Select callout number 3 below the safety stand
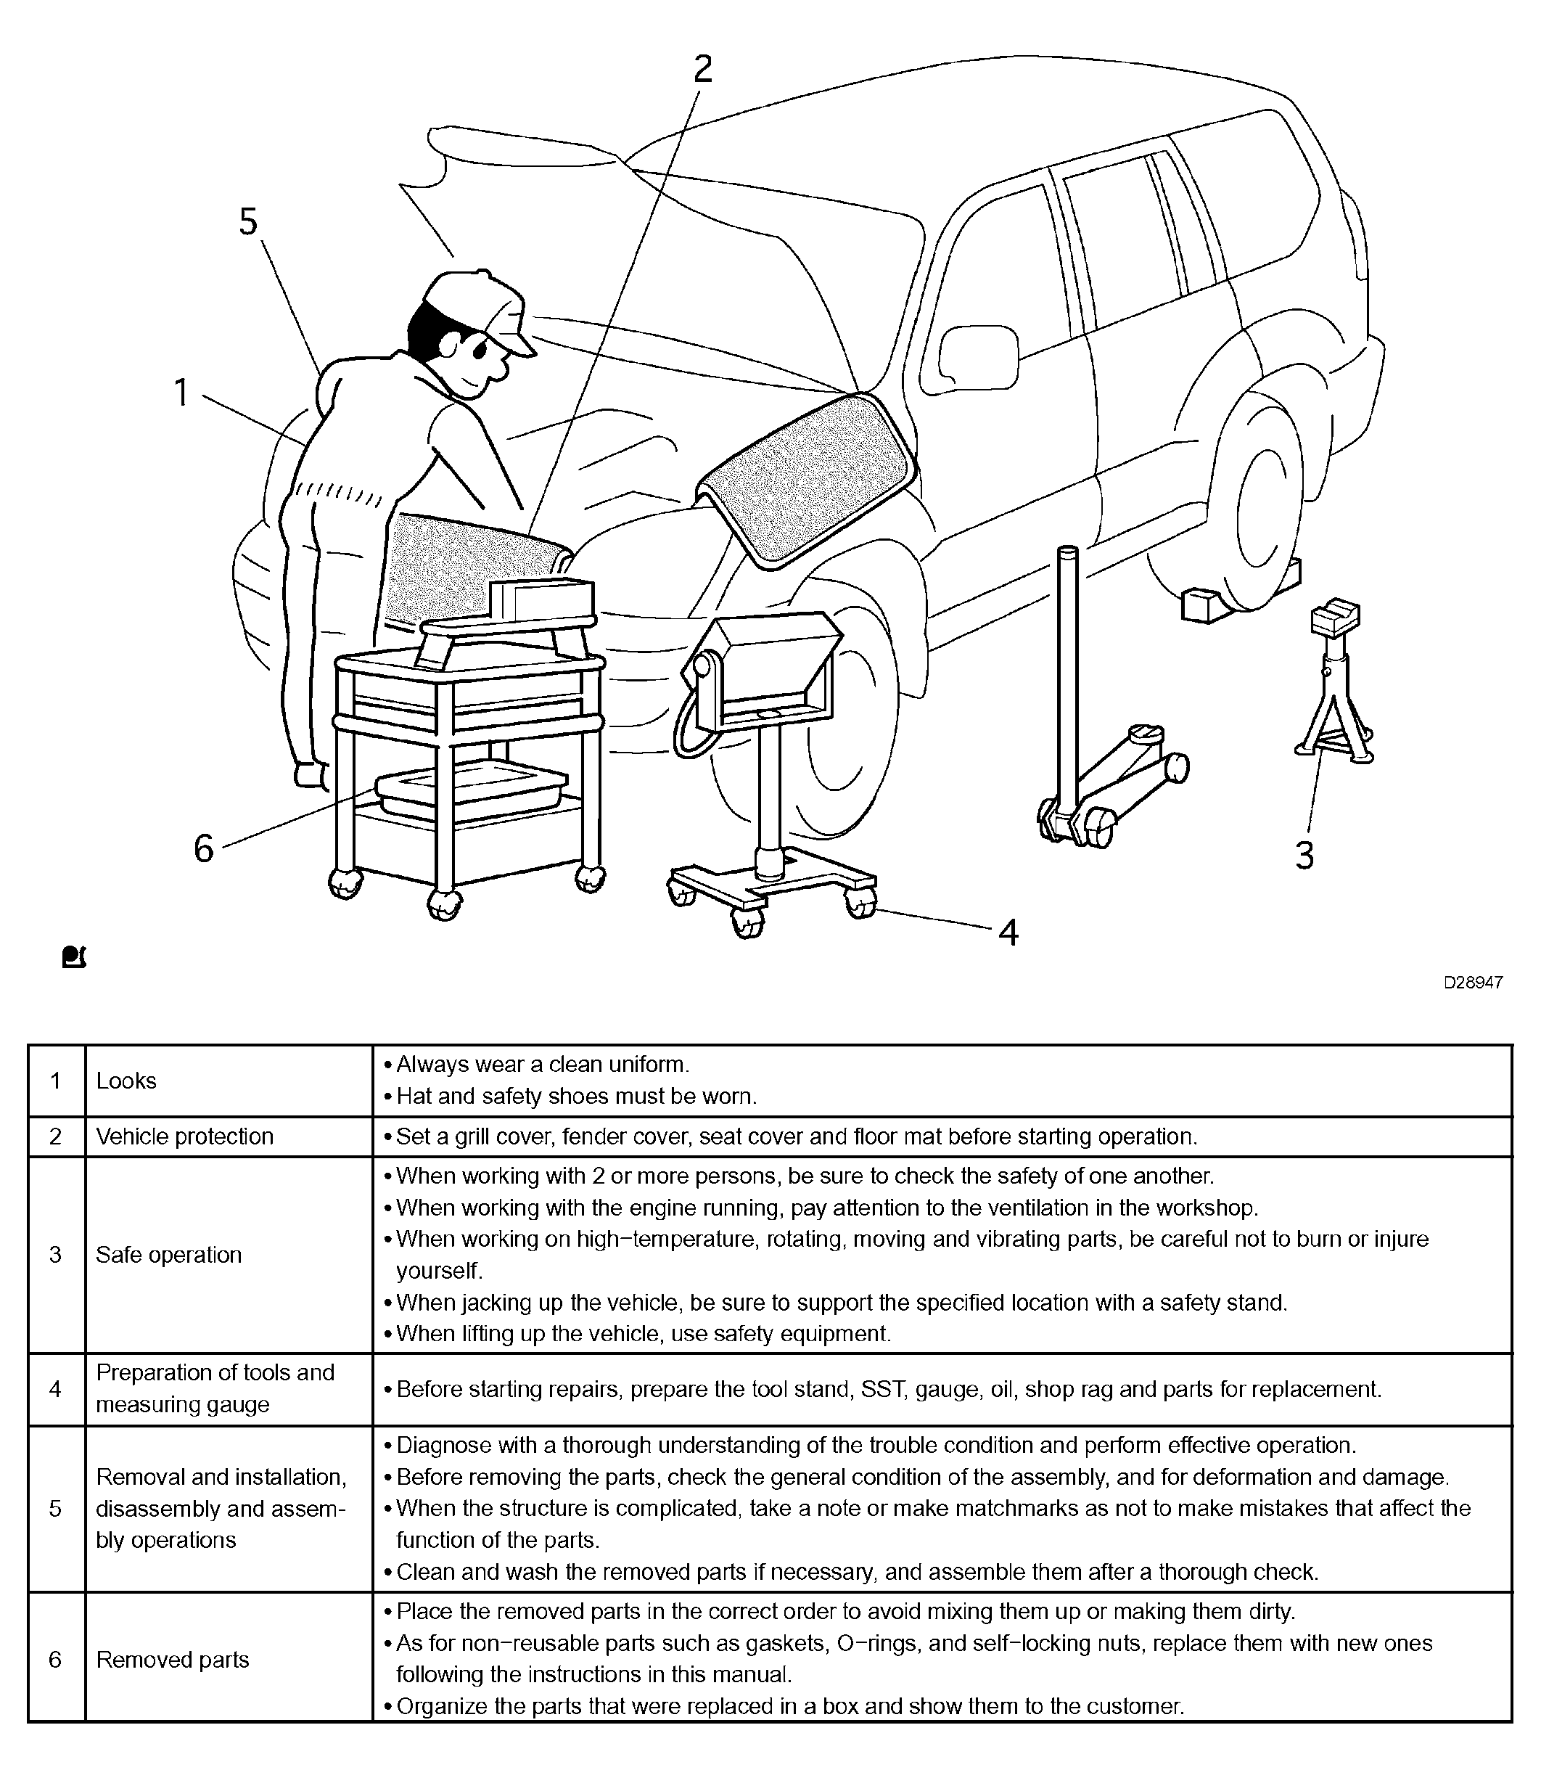[1304, 856]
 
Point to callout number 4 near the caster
[1008, 933]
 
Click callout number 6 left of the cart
[203, 849]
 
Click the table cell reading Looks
[126, 1081]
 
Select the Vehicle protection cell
[184, 1136]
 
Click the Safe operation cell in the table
[168, 1255]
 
